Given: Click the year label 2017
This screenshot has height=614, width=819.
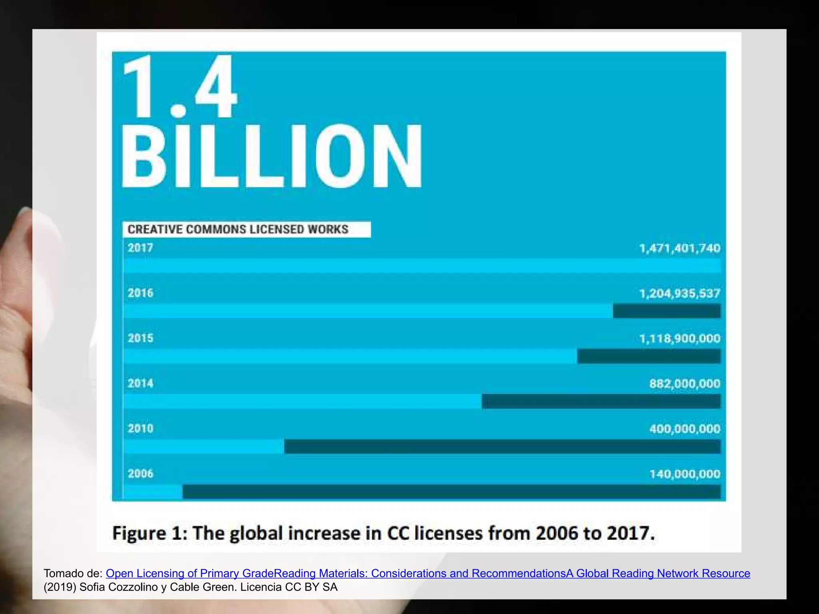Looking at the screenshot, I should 140,248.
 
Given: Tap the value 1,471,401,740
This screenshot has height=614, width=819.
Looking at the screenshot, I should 679,248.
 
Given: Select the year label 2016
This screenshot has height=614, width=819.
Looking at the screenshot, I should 140,293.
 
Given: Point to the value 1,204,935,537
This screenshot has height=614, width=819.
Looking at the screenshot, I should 679,293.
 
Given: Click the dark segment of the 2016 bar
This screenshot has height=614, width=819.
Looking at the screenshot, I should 666,311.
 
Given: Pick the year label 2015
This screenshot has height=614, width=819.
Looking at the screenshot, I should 140,338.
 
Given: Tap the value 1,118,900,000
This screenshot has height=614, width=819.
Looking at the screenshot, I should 679,339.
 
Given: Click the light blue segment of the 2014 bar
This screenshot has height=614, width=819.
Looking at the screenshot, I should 302,401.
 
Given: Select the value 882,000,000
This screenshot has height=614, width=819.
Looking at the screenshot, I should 684,384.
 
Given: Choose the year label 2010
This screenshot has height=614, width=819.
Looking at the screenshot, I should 140,429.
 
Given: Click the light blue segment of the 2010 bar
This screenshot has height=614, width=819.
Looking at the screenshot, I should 204,447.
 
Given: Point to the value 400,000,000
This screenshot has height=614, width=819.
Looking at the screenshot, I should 684,429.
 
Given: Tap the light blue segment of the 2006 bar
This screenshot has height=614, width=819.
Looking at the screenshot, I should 153,492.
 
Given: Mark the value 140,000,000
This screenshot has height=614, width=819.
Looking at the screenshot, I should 684,474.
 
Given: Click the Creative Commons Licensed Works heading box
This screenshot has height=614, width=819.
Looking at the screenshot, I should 246,229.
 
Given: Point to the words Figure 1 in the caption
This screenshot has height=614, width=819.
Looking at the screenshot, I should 150,533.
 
